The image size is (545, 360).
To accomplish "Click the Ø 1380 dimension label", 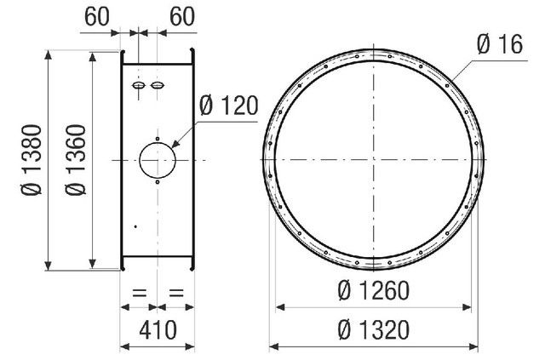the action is (x=32, y=160).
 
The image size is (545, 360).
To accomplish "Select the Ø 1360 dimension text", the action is (x=76, y=160).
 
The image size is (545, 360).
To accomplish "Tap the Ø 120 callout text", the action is (x=229, y=106).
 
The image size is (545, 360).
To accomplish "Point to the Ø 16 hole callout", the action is (x=500, y=44).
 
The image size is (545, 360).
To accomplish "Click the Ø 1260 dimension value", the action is (x=373, y=290).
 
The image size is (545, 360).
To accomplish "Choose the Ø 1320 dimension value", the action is (x=373, y=329).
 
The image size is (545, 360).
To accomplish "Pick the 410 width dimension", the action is (x=158, y=329).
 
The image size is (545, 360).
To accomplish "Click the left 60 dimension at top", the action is (x=96, y=16).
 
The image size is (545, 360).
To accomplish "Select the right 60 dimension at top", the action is (x=182, y=16).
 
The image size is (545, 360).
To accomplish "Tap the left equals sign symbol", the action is (x=140, y=293).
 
